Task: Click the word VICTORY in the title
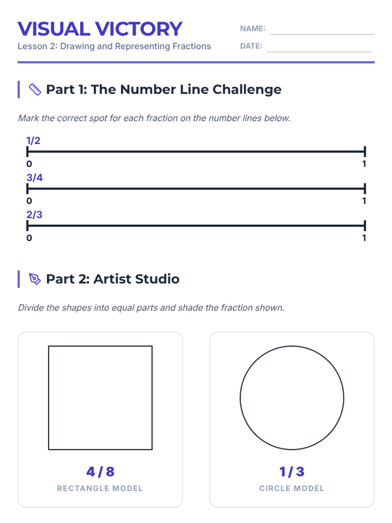pos(139,29)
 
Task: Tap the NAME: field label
pos(253,28)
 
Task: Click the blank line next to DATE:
pos(319,51)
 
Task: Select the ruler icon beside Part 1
pos(35,89)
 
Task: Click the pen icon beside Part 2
pos(35,279)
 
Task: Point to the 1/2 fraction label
pos(33,141)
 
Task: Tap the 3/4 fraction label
pos(35,177)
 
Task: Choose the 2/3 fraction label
pos(34,214)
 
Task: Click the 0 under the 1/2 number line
pos(29,164)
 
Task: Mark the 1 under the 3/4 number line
pos(364,201)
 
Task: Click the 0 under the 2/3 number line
pos(29,238)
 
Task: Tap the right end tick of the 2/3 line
pos(365,226)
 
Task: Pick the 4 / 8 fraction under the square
pos(100,472)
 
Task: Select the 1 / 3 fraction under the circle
pos(292,472)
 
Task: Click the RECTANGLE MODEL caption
pos(100,488)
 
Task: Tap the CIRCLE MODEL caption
pos(292,488)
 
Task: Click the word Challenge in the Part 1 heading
pos(247,90)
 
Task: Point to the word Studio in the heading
pos(157,279)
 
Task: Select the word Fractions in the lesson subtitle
pos(192,46)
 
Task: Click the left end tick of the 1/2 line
pos(27,152)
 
